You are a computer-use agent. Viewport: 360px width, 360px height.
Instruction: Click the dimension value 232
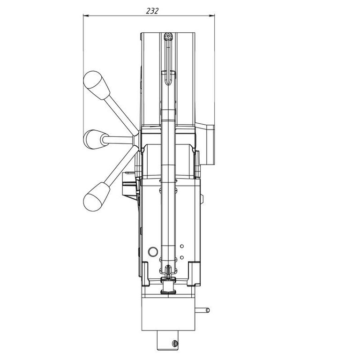[x=152, y=11]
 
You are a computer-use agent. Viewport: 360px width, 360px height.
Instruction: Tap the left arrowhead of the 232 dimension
[x=86, y=15]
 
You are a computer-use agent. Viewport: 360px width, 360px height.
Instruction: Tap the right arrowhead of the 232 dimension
[x=212, y=15]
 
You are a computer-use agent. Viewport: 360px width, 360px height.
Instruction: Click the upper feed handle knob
[x=97, y=85]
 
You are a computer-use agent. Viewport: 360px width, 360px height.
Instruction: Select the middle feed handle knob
[x=95, y=140]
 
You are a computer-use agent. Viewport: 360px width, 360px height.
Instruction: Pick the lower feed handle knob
[x=97, y=196]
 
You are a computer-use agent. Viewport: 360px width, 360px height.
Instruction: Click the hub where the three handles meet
[x=136, y=139]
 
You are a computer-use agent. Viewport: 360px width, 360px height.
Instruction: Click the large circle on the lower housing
[x=153, y=252]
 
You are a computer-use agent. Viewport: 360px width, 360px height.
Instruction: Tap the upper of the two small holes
[x=182, y=246]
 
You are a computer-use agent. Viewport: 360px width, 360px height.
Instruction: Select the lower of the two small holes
[x=182, y=257]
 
